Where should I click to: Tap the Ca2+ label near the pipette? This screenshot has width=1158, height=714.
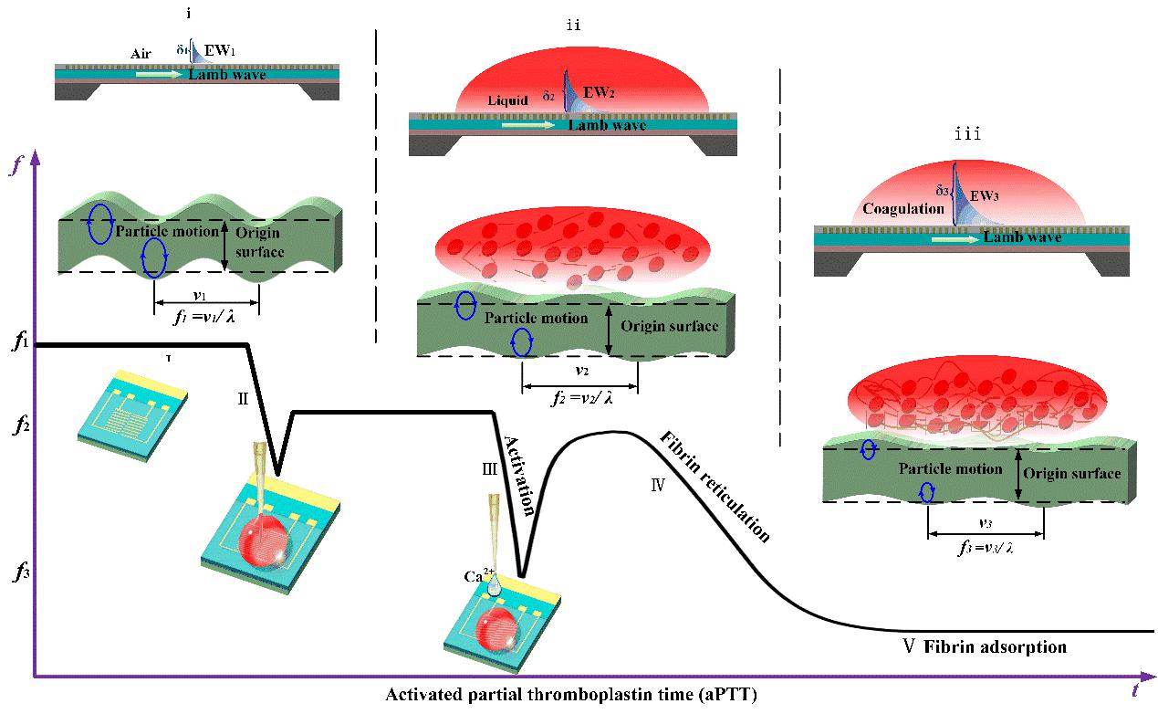pos(477,576)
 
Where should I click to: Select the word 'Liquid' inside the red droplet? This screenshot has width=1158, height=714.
pos(506,101)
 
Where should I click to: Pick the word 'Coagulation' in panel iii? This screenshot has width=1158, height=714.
pos(902,209)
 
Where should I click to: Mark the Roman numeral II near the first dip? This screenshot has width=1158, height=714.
pos(244,398)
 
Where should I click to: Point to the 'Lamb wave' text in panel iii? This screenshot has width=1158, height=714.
pos(1022,237)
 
